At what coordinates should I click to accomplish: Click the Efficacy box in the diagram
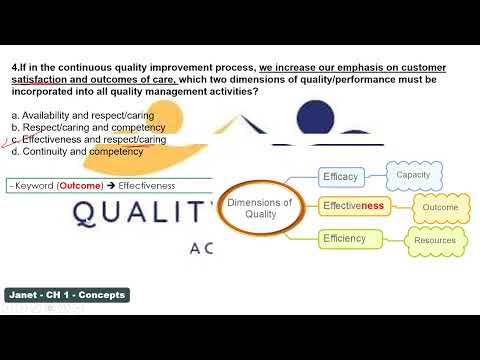point(341,177)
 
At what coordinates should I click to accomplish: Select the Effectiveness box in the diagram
point(352,206)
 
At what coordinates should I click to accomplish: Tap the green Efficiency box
point(344,238)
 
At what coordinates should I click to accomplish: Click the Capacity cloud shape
point(413,176)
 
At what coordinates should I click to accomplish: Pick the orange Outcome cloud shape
point(439,207)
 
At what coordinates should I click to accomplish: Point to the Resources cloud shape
point(433,241)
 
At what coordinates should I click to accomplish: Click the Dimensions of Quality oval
point(259,208)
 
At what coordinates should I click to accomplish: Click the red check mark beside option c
point(9,142)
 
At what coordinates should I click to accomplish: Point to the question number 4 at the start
point(14,67)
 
